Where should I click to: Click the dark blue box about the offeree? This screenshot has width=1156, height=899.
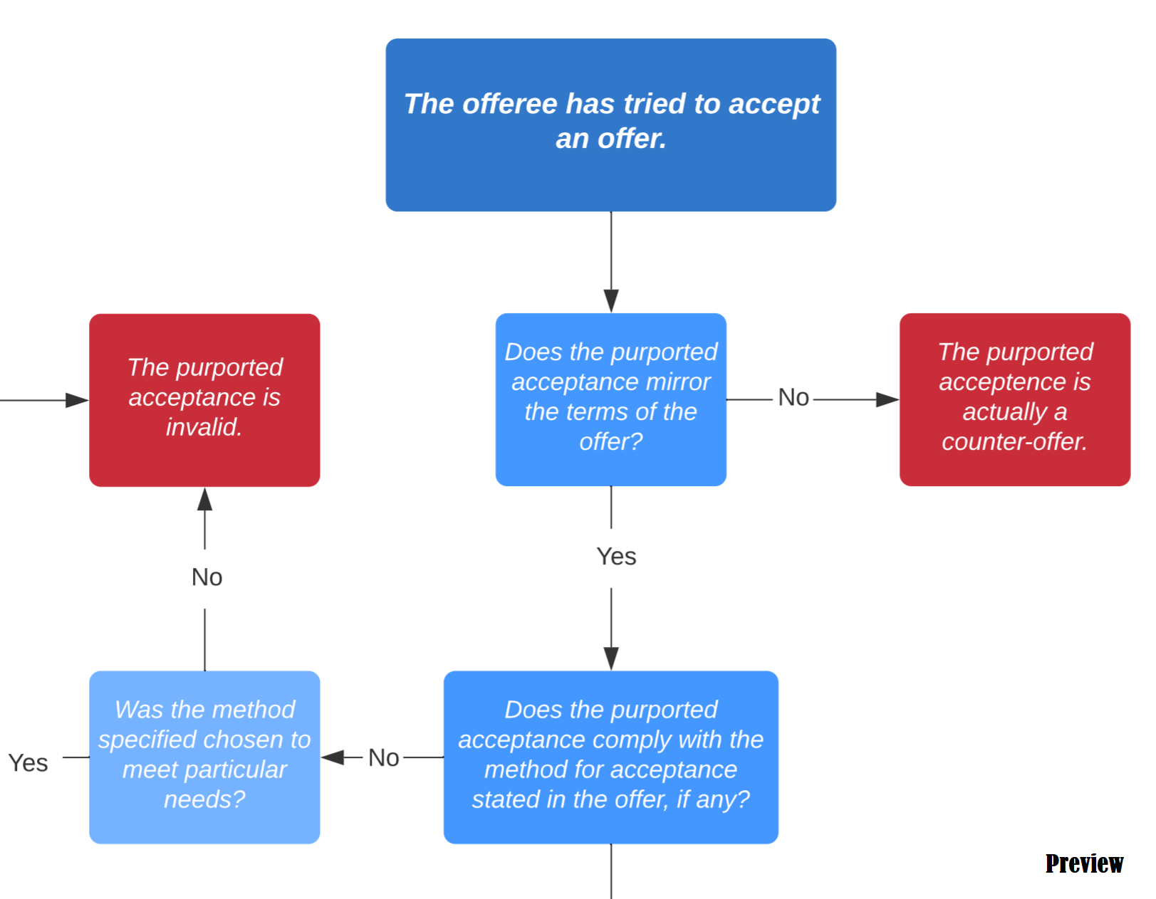pos(610,125)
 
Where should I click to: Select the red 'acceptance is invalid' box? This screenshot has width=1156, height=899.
pos(204,399)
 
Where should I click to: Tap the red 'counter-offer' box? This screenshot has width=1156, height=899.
pos(1014,399)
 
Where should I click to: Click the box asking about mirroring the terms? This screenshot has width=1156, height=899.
pos(610,399)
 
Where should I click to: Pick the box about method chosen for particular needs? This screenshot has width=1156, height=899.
pos(204,757)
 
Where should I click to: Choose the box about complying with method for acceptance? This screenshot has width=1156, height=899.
pos(610,757)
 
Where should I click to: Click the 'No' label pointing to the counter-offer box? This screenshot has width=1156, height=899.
pos(793,397)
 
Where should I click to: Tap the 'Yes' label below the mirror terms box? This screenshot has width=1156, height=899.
pos(616,557)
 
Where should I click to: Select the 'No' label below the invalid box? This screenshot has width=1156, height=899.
pos(207,577)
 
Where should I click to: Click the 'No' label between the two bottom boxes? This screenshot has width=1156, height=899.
pos(383,758)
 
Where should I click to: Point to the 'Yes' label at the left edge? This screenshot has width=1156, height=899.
pos(28,763)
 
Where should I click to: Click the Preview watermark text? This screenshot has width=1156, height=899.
pos(1083,863)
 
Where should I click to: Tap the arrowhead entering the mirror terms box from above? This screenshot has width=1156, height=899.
pos(611,302)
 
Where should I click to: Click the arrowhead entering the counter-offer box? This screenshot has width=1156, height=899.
pos(887,399)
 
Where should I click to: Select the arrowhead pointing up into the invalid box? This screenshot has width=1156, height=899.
pos(205,499)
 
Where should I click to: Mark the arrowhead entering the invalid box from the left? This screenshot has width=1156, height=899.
pos(77,400)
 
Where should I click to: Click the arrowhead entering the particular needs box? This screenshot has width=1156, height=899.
pos(333,757)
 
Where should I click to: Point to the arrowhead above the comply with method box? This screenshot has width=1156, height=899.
pos(611,659)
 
